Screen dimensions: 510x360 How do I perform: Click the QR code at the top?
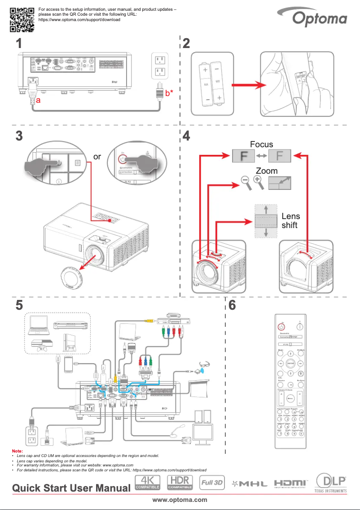coord(22,19)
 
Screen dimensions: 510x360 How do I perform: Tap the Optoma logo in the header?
coord(320,18)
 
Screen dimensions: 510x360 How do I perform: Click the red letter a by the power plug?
coord(39,101)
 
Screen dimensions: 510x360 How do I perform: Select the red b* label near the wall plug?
coord(169,93)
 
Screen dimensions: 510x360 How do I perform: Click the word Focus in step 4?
coord(261,144)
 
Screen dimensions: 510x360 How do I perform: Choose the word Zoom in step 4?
coord(267,171)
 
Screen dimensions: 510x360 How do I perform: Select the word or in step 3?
coord(97,157)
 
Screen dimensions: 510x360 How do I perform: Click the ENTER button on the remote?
coord(290,362)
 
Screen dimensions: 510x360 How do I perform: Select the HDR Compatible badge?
coord(180,482)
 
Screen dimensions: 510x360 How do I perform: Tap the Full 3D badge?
coord(212,483)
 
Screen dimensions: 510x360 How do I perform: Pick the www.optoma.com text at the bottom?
coord(180,499)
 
